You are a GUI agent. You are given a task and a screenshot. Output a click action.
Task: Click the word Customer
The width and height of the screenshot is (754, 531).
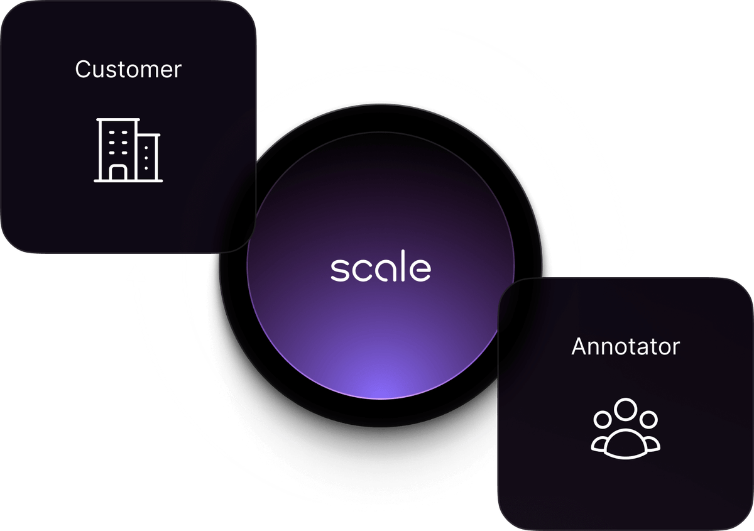click(128, 69)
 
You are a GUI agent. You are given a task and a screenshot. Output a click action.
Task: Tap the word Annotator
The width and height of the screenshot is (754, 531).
click(625, 346)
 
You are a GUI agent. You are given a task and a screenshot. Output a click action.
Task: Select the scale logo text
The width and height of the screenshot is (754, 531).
click(381, 268)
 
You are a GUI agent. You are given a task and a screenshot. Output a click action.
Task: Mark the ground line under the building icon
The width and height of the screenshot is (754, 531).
click(128, 181)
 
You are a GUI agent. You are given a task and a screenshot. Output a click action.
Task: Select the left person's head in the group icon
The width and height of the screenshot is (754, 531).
click(603, 419)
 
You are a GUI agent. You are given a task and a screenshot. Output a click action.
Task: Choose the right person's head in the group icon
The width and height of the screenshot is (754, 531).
click(648, 419)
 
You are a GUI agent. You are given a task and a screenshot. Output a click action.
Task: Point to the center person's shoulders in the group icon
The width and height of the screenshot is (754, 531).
click(625, 441)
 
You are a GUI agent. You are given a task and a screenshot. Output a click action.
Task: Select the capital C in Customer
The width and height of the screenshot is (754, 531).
click(82, 69)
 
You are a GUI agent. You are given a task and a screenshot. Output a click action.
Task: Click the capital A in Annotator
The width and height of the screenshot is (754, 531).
click(579, 346)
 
